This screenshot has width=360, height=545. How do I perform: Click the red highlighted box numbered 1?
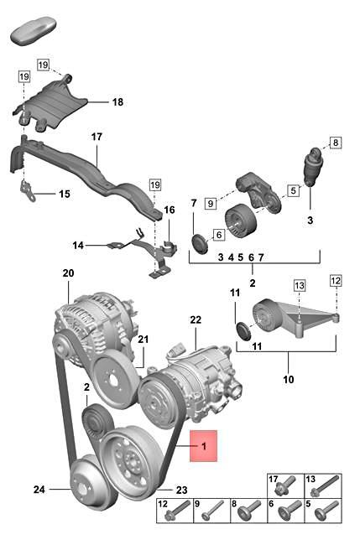(203, 446)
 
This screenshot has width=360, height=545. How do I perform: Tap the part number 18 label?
(118, 102)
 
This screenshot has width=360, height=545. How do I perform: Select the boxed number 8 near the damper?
(336, 143)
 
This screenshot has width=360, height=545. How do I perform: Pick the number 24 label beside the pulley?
(39, 490)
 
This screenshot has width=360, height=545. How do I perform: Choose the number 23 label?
(181, 490)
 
